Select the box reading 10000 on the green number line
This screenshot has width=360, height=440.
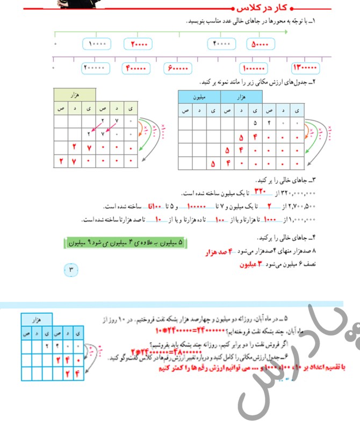point(97,44)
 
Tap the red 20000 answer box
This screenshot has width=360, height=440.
point(138,44)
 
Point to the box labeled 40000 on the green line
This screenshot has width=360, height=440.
point(221,44)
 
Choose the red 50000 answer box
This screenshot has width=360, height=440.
point(260,44)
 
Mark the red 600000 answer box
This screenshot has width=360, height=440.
point(178,69)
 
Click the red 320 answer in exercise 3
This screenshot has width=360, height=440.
point(260,192)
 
